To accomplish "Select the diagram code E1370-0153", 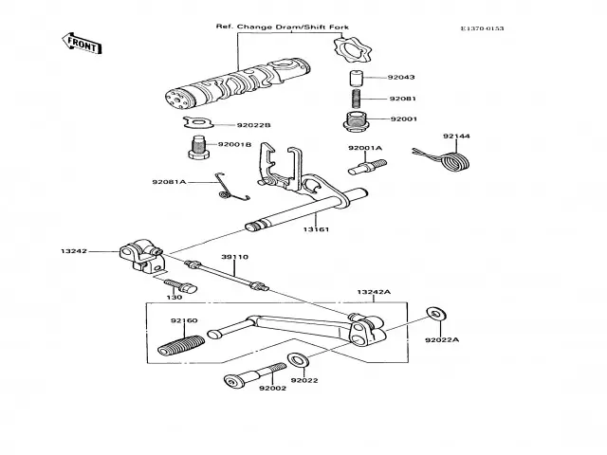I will [482, 28].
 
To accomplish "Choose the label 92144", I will [456, 136].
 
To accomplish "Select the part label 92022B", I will [254, 124].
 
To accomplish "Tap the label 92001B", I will [233, 144].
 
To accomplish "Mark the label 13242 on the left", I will [75, 252].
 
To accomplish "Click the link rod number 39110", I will [235, 256].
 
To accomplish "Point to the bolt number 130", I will [175, 297].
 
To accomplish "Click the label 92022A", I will [441, 340].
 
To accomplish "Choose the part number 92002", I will [273, 389].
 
